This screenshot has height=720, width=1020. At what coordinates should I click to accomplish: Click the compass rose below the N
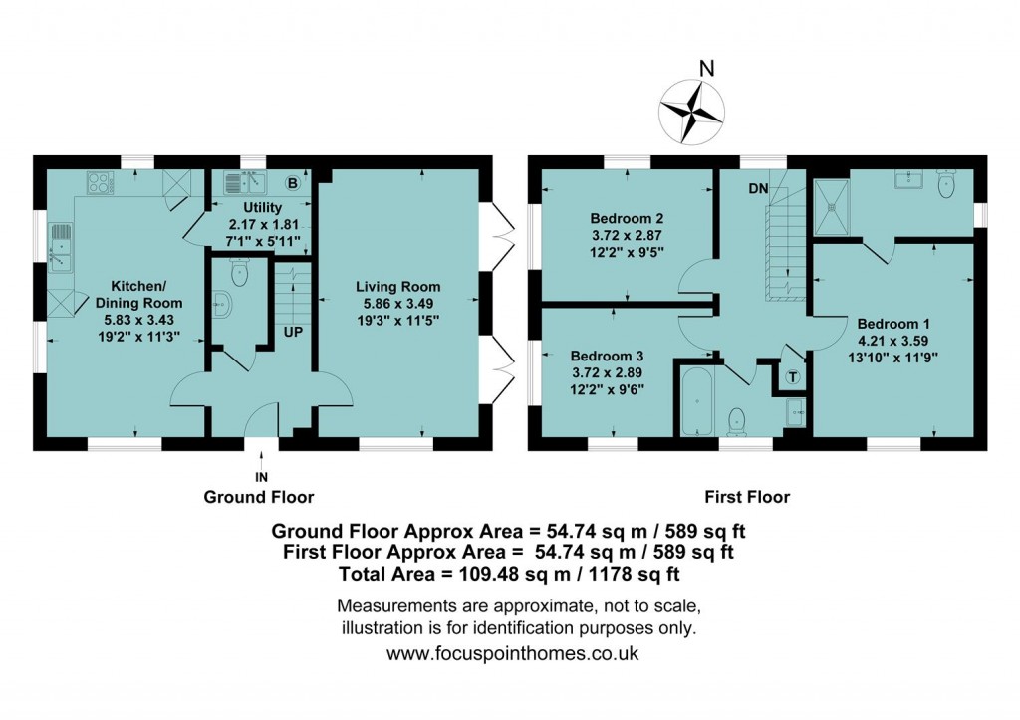click(691, 113)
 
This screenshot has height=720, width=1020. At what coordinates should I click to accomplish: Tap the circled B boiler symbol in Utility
click(292, 183)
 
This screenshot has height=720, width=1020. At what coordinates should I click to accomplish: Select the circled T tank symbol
click(792, 377)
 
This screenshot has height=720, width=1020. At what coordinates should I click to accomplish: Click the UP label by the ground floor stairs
click(294, 332)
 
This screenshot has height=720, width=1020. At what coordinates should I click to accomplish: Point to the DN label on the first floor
click(758, 189)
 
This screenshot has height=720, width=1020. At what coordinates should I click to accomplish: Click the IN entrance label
click(261, 478)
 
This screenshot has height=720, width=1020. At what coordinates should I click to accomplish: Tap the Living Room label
click(398, 287)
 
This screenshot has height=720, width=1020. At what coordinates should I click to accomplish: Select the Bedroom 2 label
click(628, 218)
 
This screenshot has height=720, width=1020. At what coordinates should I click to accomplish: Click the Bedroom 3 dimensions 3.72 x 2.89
click(607, 373)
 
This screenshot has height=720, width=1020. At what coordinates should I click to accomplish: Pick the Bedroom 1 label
click(893, 324)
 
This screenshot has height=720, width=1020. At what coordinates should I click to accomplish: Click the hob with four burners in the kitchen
click(101, 182)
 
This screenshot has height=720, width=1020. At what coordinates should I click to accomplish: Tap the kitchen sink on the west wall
click(60, 247)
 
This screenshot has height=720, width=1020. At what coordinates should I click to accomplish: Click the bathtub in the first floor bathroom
click(696, 400)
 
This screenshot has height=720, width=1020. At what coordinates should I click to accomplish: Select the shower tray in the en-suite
click(832, 207)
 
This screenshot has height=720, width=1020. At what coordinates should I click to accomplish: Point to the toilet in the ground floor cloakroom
click(240, 272)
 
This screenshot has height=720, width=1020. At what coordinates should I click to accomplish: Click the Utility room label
click(262, 208)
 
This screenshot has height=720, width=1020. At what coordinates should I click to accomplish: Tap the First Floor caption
click(747, 498)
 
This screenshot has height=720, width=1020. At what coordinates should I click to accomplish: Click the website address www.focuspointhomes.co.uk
click(513, 653)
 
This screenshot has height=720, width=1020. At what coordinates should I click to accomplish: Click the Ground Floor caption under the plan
click(259, 498)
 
